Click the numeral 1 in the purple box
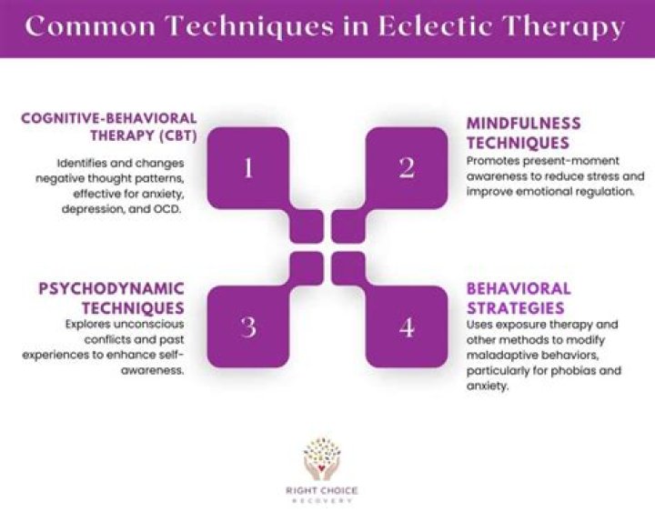248,168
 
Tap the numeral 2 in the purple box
407,168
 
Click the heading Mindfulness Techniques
523,133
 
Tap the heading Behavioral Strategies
519,298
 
